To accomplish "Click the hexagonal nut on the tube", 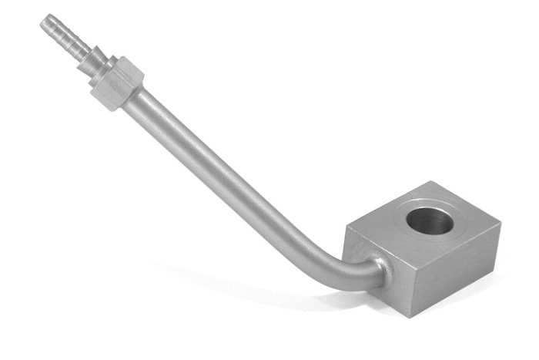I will click(115, 82).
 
